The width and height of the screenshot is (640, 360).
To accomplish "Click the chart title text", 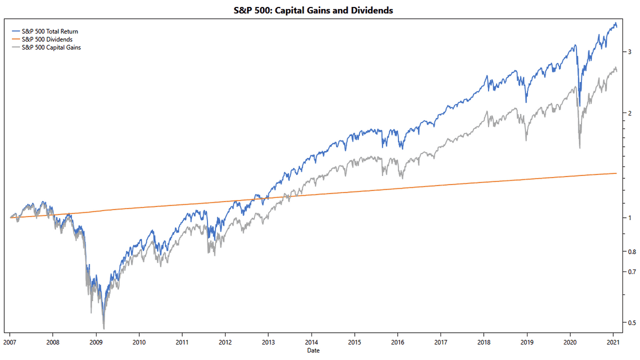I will click(x=313, y=10).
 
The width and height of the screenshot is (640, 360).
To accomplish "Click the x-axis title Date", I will click(x=313, y=350).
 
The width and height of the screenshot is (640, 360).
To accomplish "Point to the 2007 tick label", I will click(x=10, y=342).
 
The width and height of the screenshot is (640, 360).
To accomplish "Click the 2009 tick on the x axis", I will click(x=95, y=342).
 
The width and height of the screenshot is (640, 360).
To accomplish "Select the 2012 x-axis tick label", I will click(x=225, y=342).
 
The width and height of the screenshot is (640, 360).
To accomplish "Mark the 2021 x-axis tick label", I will click(x=613, y=342).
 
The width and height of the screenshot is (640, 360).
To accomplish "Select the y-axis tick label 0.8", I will click(x=631, y=251).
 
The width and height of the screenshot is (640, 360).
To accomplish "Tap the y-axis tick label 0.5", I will click(x=631, y=322).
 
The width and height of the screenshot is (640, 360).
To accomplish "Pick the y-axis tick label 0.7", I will click(x=631, y=271).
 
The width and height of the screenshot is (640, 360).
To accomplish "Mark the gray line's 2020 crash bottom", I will click(x=580, y=148).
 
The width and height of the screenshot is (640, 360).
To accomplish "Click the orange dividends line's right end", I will click(x=617, y=173).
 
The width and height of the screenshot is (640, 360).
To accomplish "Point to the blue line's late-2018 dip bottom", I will click(x=526, y=102).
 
